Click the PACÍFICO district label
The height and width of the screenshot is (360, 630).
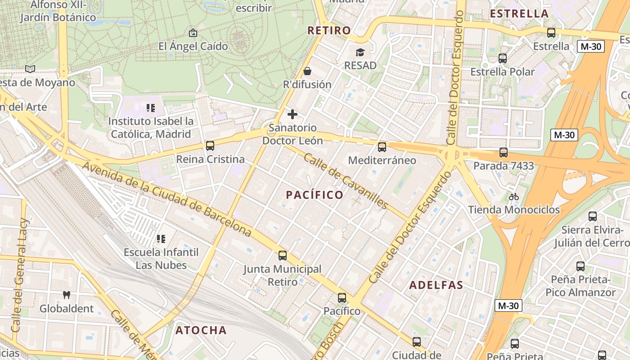click(315, 195)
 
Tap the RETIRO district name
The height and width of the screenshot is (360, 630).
click(329, 31)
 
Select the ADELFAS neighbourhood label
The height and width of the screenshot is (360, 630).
click(436, 285)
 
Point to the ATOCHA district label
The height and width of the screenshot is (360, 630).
click(201, 330)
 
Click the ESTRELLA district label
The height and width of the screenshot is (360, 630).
click(519, 13)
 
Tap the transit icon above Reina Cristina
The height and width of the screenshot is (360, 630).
click(210, 146)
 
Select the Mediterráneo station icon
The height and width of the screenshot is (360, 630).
click(382, 147)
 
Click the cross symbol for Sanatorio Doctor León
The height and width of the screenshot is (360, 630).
click(292, 114)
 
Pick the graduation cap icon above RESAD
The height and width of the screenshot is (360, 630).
click(360, 53)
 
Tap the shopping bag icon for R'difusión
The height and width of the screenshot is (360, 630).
click(307, 71)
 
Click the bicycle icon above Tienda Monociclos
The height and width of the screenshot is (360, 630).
click(514, 197)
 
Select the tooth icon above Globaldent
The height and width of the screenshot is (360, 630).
click(67, 295)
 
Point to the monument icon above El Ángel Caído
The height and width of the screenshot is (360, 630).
click(193, 33)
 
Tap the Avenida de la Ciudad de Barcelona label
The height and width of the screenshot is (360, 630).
click(166, 199)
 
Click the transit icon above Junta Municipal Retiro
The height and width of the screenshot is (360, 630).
click(283, 256)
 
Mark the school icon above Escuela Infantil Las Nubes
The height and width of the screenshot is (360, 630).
click(161, 238)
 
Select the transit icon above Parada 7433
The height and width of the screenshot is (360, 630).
click(504, 153)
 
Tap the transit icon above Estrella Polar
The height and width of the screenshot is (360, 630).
click(503, 58)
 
